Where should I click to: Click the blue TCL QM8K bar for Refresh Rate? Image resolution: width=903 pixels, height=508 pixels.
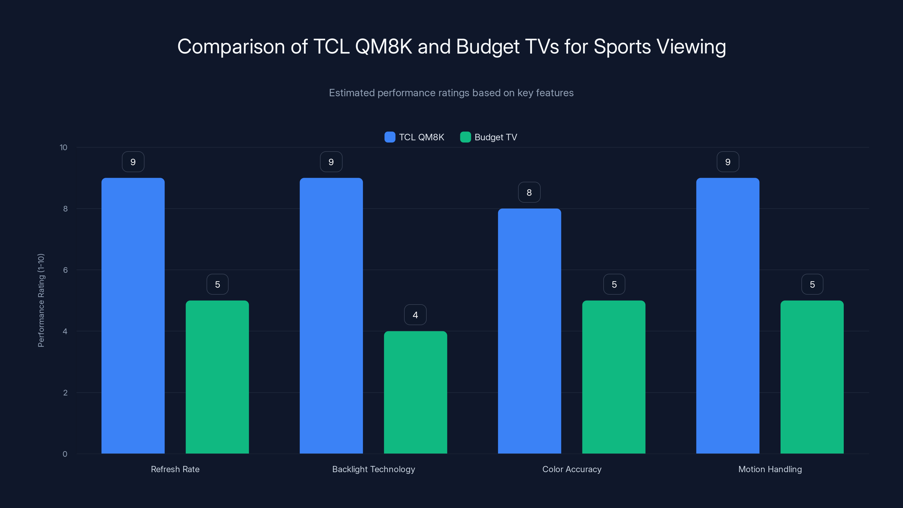[x=133, y=316]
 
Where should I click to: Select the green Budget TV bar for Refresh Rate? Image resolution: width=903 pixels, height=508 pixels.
[x=217, y=377]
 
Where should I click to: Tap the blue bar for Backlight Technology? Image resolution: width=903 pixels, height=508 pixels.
[x=331, y=316]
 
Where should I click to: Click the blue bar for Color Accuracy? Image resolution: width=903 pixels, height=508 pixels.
[x=529, y=331]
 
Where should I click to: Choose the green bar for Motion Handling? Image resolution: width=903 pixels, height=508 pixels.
[x=812, y=377]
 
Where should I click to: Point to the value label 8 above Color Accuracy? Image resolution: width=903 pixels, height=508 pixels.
[x=529, y=192]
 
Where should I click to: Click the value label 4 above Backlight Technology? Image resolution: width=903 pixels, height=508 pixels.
[x=415, y=315]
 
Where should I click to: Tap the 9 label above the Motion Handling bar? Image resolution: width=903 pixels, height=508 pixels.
[x=728, y=162]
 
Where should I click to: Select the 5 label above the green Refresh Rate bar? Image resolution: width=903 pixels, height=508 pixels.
[x=217, y=284]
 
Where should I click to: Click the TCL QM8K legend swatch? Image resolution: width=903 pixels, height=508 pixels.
[x=390, y=137]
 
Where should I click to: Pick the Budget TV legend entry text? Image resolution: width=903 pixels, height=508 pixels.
[x=496, y=137]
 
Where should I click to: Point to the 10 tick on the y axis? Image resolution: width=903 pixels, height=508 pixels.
[x=63, y=147]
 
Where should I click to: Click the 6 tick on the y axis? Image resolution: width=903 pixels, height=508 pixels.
[x=65, y=270]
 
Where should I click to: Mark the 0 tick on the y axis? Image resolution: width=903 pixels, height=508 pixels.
[x=65, y=454]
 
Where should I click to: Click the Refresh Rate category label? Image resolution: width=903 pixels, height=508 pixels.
[x=175, y=469]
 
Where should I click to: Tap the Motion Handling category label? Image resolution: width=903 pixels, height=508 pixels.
[x=770, y=469]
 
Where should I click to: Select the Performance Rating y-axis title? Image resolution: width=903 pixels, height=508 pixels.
[x=41, y=300]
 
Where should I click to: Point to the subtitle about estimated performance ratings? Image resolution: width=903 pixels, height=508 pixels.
[x=451, y=93]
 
